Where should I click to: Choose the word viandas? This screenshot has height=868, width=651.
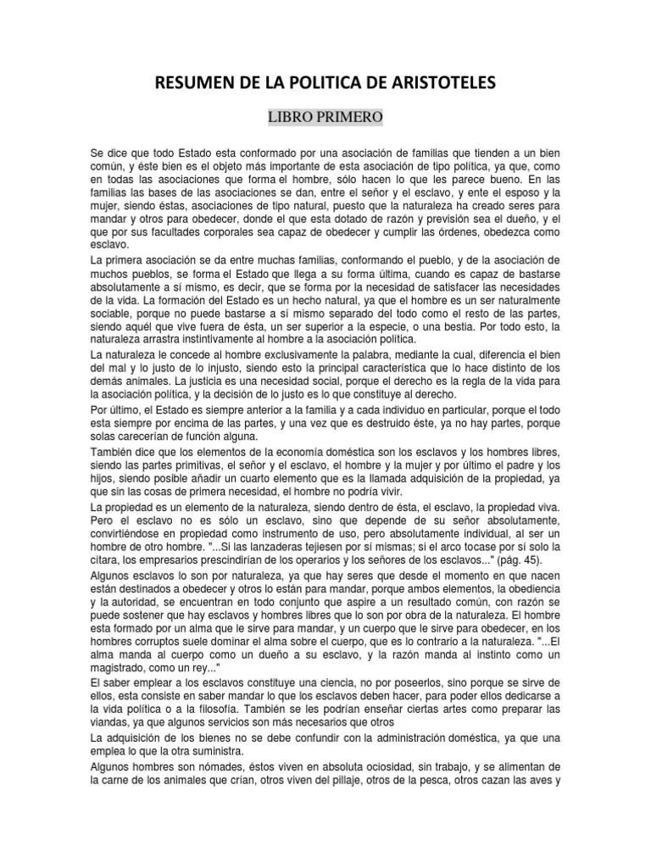[110, 721]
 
